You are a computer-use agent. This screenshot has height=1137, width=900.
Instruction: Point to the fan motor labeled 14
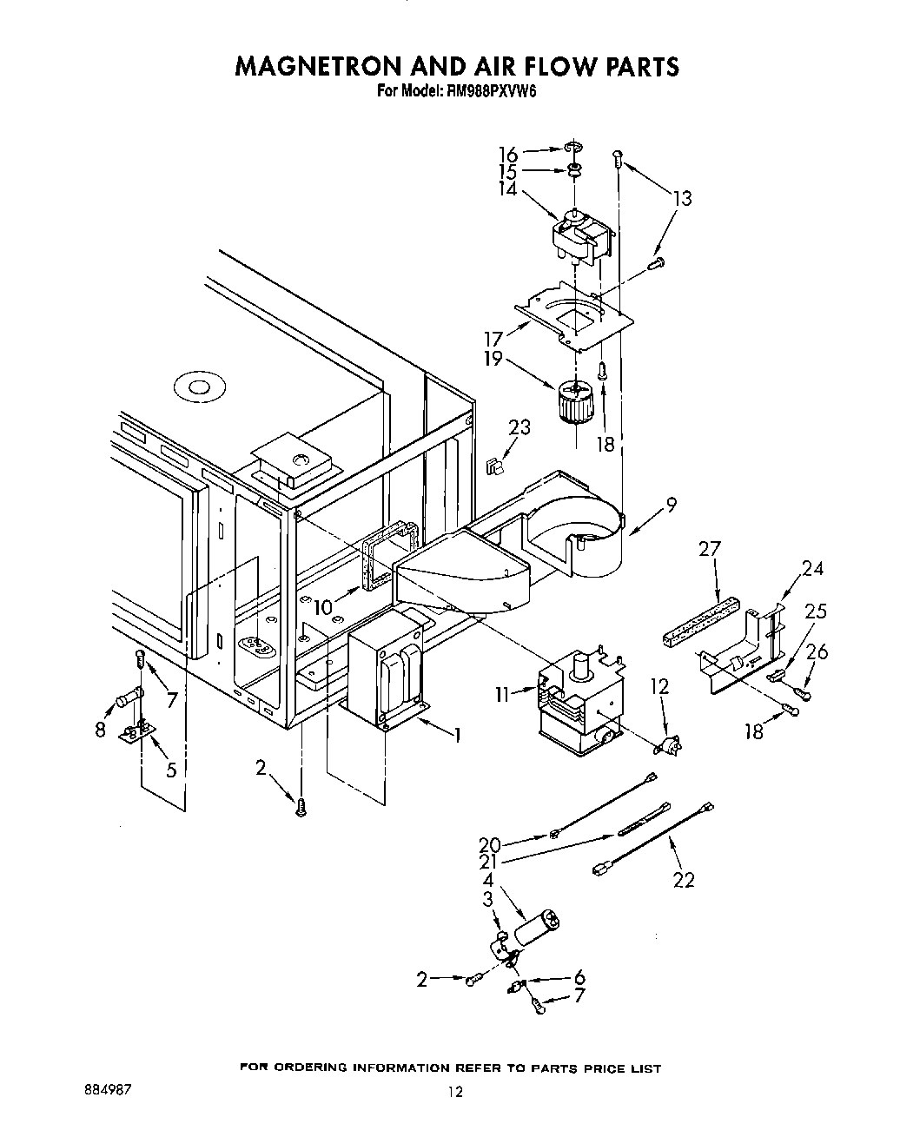581,235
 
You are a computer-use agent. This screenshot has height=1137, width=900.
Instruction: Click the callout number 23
519,427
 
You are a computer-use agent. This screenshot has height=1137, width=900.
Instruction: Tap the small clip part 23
496,466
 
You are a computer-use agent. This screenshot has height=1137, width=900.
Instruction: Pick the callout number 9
670,504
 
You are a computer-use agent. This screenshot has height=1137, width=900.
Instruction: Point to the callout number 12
660,686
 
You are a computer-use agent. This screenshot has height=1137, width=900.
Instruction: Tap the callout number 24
812,569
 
